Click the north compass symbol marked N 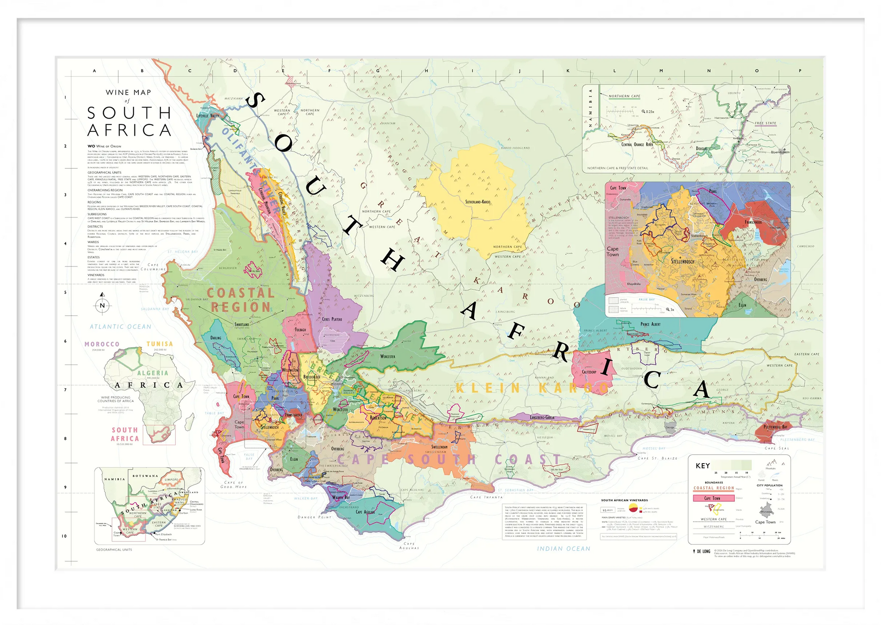102,305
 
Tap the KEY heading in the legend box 703,466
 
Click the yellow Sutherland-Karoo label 478,202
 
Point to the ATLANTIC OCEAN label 120,327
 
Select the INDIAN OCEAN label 563,549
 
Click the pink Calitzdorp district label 589,372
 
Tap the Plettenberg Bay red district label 775,427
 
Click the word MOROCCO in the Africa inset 102,344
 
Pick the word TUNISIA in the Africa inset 159,344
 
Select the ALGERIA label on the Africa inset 152,373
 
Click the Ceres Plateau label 332,319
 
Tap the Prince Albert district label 650,324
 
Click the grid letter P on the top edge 800,71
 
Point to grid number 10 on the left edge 64,536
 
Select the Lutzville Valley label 207,116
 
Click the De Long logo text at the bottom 703,551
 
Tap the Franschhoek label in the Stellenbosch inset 753,222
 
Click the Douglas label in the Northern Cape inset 701,149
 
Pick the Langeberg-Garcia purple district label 542,417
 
